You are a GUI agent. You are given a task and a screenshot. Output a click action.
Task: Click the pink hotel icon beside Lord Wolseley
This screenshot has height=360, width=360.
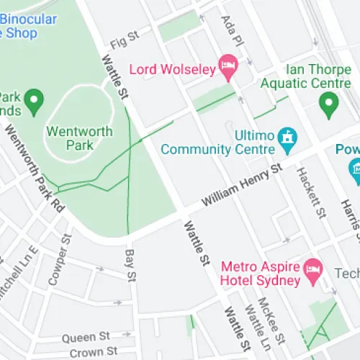[x=228, y=66]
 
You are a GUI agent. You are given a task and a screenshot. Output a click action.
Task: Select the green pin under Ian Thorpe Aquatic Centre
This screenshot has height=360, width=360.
[x=329, y=106]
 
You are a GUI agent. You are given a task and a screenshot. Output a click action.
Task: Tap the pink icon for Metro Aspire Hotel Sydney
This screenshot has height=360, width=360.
[x=312, y=270]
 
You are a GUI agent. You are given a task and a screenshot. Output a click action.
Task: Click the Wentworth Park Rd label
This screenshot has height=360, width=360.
[x=35, y=168]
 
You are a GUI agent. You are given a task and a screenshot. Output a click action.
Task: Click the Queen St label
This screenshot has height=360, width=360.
[x=85, y=336]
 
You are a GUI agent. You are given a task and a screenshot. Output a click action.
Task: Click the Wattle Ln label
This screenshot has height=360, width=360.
[x=253, y=324]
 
